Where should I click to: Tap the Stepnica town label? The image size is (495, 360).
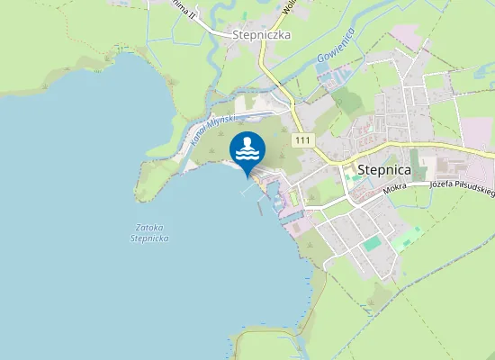coord(384,168)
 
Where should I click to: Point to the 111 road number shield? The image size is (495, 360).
coord(301,139)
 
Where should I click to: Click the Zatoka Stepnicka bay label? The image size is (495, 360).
coord(149,232)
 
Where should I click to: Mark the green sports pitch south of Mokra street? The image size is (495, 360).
coord(372,243)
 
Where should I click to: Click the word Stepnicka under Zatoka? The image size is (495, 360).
coord(149,238)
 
